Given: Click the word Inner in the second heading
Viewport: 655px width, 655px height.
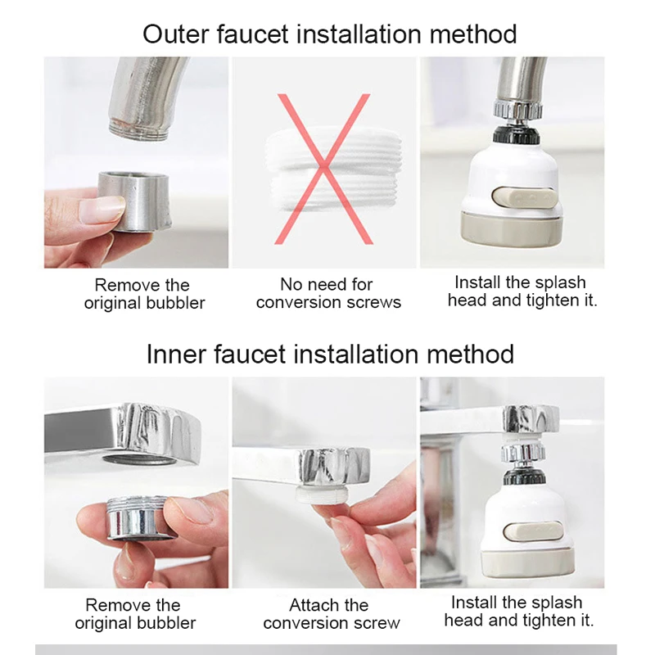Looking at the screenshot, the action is click(176, 355).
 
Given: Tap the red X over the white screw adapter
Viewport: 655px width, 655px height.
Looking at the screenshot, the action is click(324, 169).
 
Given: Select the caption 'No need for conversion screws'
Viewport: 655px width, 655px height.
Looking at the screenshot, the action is click(328, 293).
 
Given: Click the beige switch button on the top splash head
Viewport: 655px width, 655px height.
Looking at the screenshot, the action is click(523, 197).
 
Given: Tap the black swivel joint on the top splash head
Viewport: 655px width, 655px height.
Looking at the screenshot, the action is click(516, 135).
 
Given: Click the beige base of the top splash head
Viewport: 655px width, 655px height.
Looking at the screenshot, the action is click(512, 230).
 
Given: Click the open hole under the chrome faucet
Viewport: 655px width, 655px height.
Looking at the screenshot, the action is click(140, 462).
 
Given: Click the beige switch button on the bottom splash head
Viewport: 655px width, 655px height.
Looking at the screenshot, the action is click(533, 531).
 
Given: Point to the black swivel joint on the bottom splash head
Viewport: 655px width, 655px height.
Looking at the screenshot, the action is click(524, 478).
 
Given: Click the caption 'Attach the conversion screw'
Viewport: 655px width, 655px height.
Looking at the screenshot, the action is click(332, 614).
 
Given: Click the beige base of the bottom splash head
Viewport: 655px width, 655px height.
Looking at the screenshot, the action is click(527, 563).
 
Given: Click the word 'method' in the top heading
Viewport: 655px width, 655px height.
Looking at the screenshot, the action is click(473, 34).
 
